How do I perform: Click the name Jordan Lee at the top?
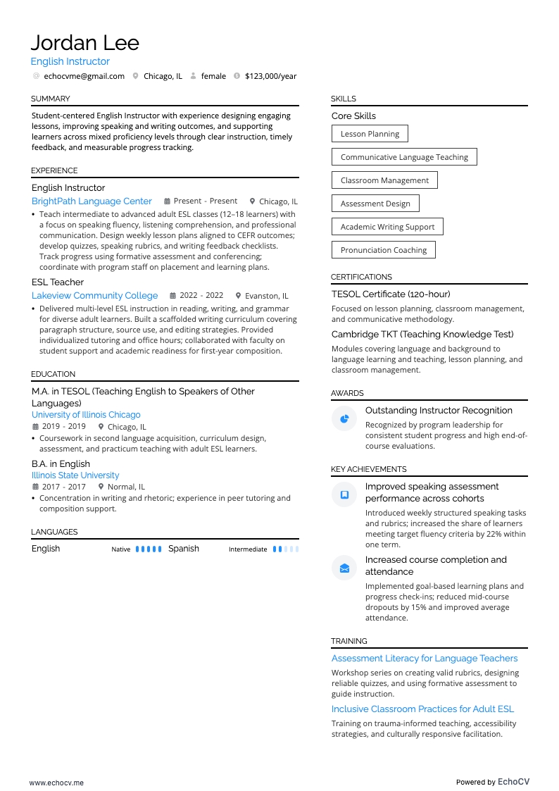(x=85, y=43)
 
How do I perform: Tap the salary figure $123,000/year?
(x=270, y=76)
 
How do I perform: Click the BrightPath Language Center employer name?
(x=92, y=201)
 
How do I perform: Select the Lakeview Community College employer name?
(x=94, y=296)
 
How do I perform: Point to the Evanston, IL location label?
(x=266, y=296)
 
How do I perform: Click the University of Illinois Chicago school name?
(x=86, y=415)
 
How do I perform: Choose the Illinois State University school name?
(x=75, y=475)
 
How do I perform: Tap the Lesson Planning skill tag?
(x=370, y=134)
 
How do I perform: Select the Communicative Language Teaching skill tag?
(x=404, y=157)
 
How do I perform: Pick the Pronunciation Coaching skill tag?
(x=384, y=250)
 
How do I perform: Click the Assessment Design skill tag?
(x=375, y=204)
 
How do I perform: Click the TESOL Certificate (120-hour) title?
(x=391, y=294)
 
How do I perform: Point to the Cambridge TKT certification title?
(x=422, y=335)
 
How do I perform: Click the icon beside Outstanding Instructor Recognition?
(x=344, y=418)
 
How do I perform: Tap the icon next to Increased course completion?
(x=344, y=568)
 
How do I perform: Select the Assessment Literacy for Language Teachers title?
(x=425, y=659)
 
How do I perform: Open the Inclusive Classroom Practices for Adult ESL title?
(x=422, y=709)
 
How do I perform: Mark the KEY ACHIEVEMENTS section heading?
(x=369, y=469)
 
